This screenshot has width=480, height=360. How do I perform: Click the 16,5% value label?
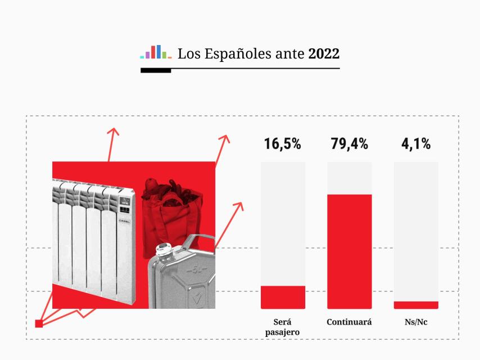(283, 144)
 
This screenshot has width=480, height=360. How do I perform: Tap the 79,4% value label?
(349, 144)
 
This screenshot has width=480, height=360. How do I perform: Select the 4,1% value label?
(416, 144)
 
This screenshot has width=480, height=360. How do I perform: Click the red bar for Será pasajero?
(283, 297)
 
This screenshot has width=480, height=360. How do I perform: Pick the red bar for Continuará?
(349, 251)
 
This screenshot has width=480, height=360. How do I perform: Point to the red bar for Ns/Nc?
(416, 305)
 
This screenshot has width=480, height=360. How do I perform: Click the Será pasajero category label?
(282, 327)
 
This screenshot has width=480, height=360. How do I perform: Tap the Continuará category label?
(349, 322)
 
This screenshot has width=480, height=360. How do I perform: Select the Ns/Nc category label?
(416, 322)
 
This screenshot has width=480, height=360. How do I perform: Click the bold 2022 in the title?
(324, 54)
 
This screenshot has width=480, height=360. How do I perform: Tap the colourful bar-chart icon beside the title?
(156, 52)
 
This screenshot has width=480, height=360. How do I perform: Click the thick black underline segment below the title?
(156, 70)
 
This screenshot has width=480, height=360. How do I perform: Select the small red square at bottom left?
(39, 323)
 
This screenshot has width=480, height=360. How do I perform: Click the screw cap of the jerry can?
(164, 249)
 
